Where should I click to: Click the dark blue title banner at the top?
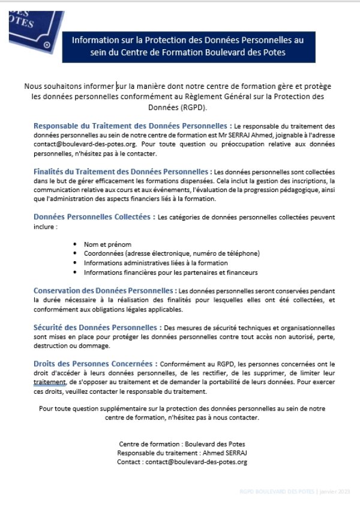click(188, 46)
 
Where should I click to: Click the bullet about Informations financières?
click(171, 273)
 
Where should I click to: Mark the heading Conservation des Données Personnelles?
click(105, 291)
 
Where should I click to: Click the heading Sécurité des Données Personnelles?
click(97, 327)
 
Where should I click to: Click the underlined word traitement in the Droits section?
click(49, 382)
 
